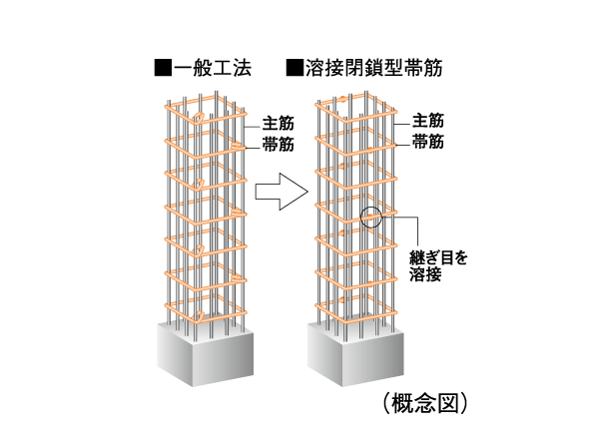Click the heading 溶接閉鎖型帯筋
371,69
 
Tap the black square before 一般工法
163,69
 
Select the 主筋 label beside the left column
277,124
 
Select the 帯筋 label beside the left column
277,144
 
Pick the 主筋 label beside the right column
427,120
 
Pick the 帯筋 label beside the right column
427,142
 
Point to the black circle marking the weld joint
369,217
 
